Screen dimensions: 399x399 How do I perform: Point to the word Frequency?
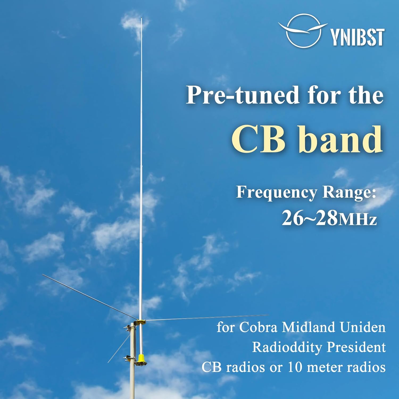(x=277, y=193)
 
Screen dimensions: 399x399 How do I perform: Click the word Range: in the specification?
(x=349, y=193)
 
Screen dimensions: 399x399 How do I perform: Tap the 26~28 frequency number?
(x=309, y=218)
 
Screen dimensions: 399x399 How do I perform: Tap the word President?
(x=356, y=347)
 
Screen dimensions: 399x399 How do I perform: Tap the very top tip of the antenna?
(x=141, y=18)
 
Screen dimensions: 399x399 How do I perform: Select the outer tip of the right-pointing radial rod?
(x=268, y=315)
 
